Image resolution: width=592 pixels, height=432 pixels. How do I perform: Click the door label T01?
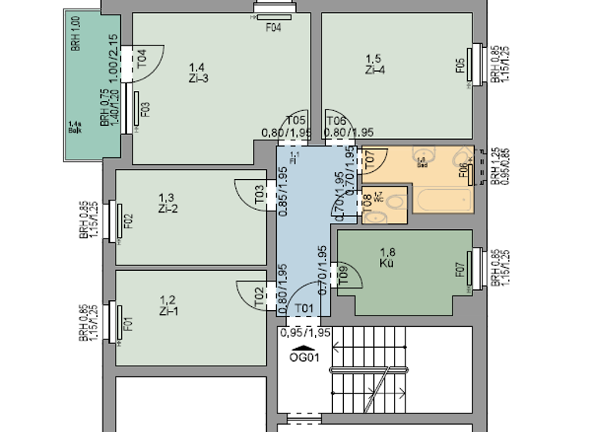click(305, 309)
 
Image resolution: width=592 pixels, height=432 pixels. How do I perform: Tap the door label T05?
click(297, 120)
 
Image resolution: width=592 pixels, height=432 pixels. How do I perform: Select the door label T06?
click(337, 120)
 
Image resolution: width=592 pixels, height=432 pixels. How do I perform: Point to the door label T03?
click(260, 195)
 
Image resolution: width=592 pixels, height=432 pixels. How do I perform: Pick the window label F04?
click(274, 29)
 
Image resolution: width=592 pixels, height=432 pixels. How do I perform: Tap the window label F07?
click(460, 271)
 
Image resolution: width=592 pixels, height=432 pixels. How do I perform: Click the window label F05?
click(460, 68)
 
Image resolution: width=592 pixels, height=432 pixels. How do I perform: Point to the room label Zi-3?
click(198, 77)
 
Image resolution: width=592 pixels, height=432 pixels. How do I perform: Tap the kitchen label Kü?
click(388, 263)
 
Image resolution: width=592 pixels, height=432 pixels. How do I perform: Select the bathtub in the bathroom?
click(443, 201)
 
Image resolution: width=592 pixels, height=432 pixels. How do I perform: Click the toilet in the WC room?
click(394, 203)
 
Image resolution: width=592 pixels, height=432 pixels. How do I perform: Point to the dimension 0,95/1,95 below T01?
click(305, 332)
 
